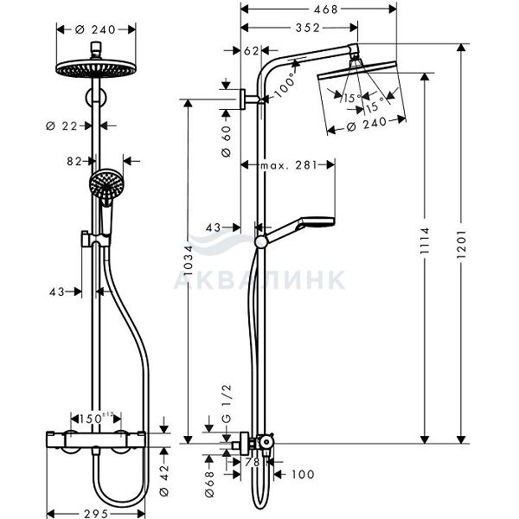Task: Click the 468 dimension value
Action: click(x=326, y=10)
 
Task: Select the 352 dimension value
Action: click(x=308, y=28)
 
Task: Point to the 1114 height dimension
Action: click(x=425, y=240)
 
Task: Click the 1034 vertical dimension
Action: click(x=188, y=260)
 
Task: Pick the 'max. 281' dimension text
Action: click(x=289, y=165)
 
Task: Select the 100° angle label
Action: click(x=284, y=85)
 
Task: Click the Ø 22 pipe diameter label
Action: click(x=61, y=125)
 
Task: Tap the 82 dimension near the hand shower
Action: click(x=74, y=161)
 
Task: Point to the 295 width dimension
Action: click(x=96, y=513)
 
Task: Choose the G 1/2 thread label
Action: click(x=227, y=404)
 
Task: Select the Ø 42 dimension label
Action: click(x=164, y=480)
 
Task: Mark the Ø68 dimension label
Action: click(x=209, y=484)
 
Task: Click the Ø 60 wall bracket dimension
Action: click(x=227, y=141)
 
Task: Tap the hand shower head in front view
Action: click(x=106, y=183)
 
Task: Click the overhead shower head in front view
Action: click(x=96, y=68)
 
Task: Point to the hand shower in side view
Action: click(x=295, y=231)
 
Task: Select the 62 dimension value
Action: click(x=251, y=51)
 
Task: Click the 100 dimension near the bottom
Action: click(x=303, y=474)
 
